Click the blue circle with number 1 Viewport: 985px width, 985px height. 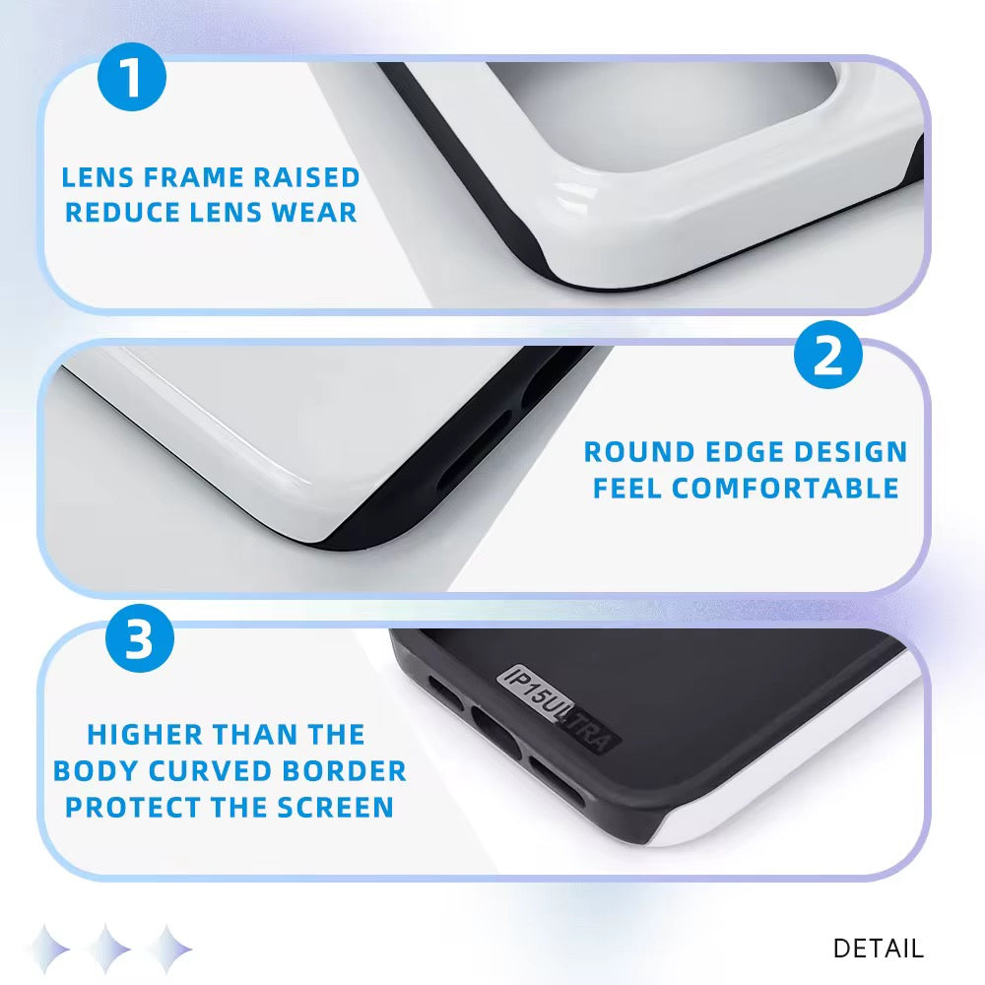click(132, 80)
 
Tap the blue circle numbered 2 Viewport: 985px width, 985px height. click(828, 356)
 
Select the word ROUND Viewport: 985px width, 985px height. click(637, 452)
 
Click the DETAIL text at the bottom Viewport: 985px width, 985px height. click(878, 949)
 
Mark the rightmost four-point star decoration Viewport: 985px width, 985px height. click(168, 949)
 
